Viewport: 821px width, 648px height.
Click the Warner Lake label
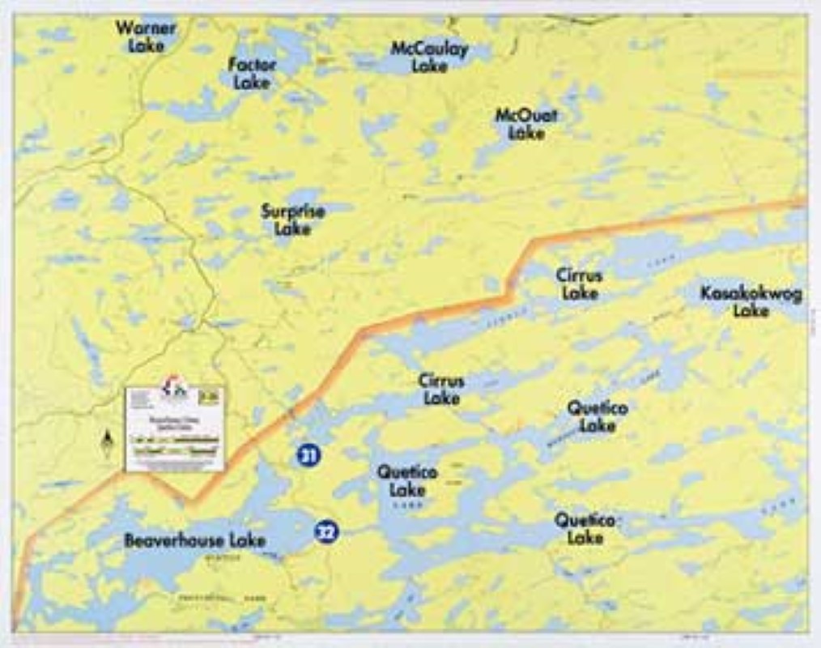[x=146, y=36]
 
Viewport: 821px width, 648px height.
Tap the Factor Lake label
[x=252, y=73]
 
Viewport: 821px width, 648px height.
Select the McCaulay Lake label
[x=429, y=57]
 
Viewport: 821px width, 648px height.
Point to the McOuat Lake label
[x=526, y=123]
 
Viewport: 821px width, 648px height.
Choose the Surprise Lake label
[x=292, y=220]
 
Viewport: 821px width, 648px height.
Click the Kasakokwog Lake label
[x=751, y=301]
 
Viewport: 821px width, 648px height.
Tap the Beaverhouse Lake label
[x=194, y=540]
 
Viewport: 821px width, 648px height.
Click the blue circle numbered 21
[x=308, y=455]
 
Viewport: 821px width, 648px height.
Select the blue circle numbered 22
[x=325, y=531]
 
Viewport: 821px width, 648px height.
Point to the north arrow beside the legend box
[x=106, y=443]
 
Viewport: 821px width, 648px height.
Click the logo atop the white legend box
[x=174, y=387]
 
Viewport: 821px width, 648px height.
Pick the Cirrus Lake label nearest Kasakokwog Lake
[x=579, y=283]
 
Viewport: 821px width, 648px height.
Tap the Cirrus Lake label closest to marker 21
[x=441, y=389]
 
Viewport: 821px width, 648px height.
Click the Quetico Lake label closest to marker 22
[x=407, y=481]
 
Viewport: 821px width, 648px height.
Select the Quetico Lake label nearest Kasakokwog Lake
[x=598, y=416]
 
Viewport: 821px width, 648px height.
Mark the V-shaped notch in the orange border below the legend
[x=191, y=501]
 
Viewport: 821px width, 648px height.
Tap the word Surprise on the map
[x=292, y=211]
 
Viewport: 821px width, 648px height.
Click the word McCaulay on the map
[x=429, y=49]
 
